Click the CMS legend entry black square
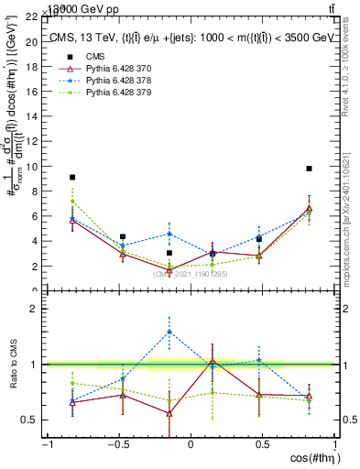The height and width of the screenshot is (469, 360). tap(65, 57)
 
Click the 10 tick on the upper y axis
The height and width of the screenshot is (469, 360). tap(31, 167)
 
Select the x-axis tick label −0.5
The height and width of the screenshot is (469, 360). tap(116, 445)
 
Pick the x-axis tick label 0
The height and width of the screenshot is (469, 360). tap(191, 445)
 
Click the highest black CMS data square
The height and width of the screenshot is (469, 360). tap(310, 169)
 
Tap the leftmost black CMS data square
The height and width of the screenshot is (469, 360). tap(72, 177)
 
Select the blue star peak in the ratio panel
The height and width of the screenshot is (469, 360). tap(169, 332)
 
